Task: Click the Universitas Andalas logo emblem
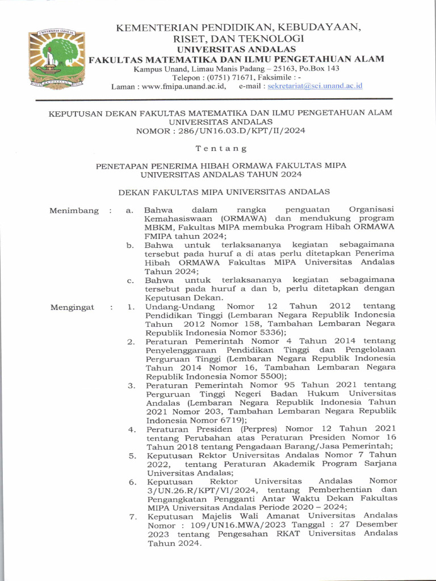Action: [56, 58]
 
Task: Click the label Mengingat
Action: [72, 308]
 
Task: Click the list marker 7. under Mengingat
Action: [132, 517]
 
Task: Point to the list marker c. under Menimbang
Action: [130, 280]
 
